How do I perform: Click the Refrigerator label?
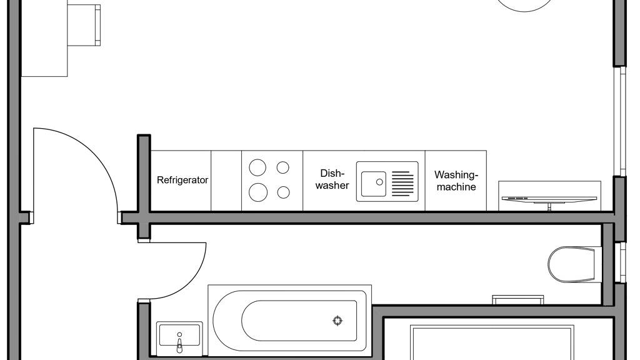coord(182,180)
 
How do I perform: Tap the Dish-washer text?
coord(332,179)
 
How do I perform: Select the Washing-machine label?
coord(456,181)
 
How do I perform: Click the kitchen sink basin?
coord(374,184)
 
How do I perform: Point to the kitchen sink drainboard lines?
coord(402,184)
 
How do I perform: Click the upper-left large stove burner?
coord(257,167)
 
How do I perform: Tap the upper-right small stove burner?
coord(283,167)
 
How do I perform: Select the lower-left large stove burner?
coord(258,192)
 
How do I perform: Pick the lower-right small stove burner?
coord(283,192)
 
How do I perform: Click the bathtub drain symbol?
coord(337,321)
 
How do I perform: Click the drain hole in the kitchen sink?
coord(379,182)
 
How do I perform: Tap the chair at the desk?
coord(84,25)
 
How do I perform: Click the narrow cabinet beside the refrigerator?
coord(226,181)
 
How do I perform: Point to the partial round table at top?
coord(524,5)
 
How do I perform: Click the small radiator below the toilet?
coord(518,299)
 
